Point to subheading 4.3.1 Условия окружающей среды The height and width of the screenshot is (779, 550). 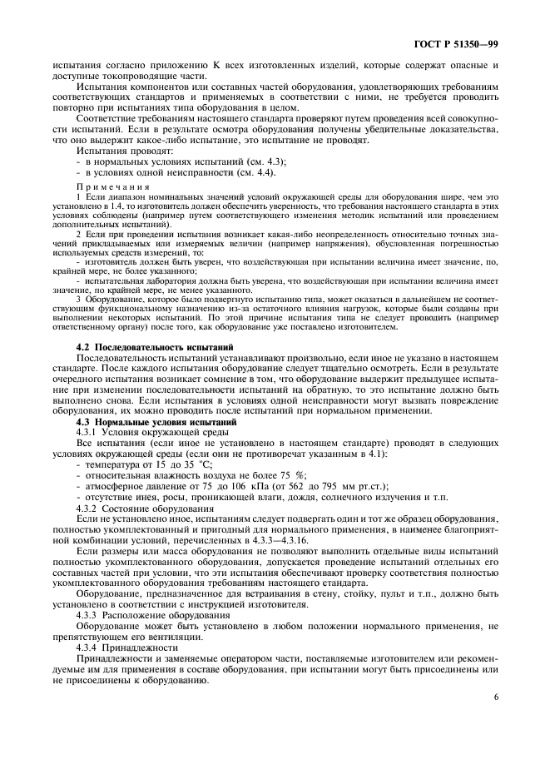coord(136,434)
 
